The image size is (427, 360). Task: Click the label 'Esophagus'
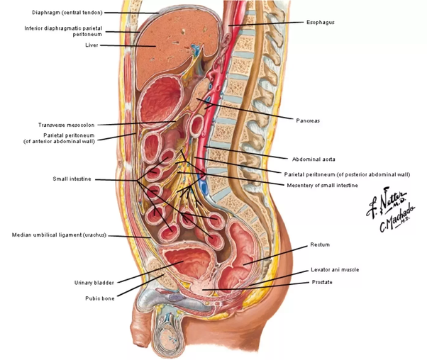320,23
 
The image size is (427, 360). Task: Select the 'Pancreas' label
308,120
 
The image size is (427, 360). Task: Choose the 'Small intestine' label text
72,179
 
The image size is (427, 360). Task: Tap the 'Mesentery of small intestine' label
317,185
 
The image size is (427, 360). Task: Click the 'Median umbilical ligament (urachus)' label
59,235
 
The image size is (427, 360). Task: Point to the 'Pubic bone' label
99,298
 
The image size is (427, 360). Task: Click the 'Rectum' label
320,245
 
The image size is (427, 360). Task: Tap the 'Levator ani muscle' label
335,270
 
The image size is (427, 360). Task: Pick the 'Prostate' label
321,282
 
